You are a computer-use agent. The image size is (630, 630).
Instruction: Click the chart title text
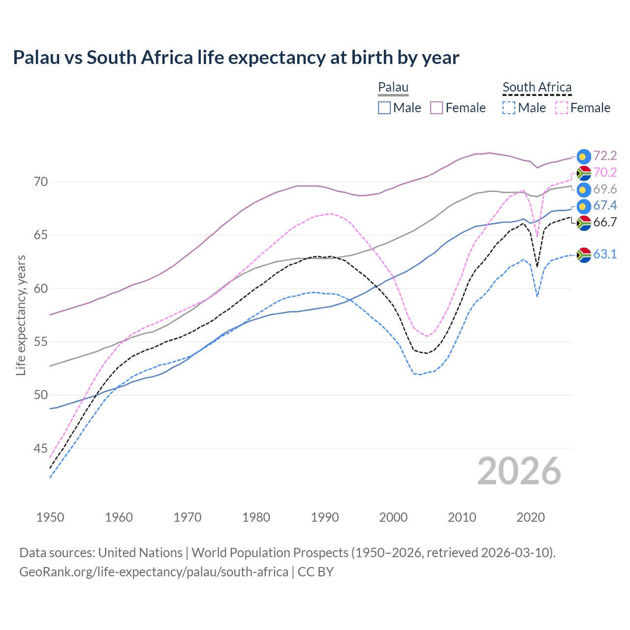pyautogui.click(x=236, y=58)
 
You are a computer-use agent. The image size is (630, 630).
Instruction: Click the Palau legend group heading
pyautogui.click(x=393, y=87)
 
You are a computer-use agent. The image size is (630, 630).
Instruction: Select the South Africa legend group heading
pyautogui.click(x=536, y=87)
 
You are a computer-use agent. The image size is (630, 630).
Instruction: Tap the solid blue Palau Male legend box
pyautogui.click(x=384, y=108)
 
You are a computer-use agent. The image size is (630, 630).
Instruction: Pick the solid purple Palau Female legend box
pyautogui.click(x=437, y=108)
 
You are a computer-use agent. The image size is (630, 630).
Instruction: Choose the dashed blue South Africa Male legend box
pyautogui.click(x=509, y=108)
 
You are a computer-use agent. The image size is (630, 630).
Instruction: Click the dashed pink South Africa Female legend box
pyautogui.click(x=561, y=108)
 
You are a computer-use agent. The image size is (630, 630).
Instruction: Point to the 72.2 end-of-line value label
pyautogui.click(x=605, y=156)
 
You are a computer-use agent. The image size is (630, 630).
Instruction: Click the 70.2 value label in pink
pyautogui.click(x=605, y=173)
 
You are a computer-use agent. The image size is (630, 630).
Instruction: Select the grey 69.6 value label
pyautogui.click(x=605, y=189)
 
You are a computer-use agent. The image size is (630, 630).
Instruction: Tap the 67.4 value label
pyautogui.click(x=605, y=206)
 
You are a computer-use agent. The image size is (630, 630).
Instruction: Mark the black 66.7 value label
pyautogui.click(x=605, y=222)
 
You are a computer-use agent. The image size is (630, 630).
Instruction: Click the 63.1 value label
pyautogui.click(x=605, y=254)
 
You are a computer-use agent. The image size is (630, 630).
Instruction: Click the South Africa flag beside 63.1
pyautogui.click(x=584, y=255)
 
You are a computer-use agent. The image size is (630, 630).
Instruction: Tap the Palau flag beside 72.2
pyautogui.click(x=584, y=157)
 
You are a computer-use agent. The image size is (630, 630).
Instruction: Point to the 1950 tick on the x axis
pyautogui.click(x=50, y=517)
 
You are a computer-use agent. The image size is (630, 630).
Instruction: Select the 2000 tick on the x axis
pyautogui.click(x=393, y=517)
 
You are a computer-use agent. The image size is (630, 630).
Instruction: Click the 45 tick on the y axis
pyautogui.click(x=41, y=448)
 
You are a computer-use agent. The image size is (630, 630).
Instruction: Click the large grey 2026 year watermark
pyautogui.click(x=519, y=471)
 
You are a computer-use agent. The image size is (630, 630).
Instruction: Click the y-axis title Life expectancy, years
pyautogui.click(x=21, y=315)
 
